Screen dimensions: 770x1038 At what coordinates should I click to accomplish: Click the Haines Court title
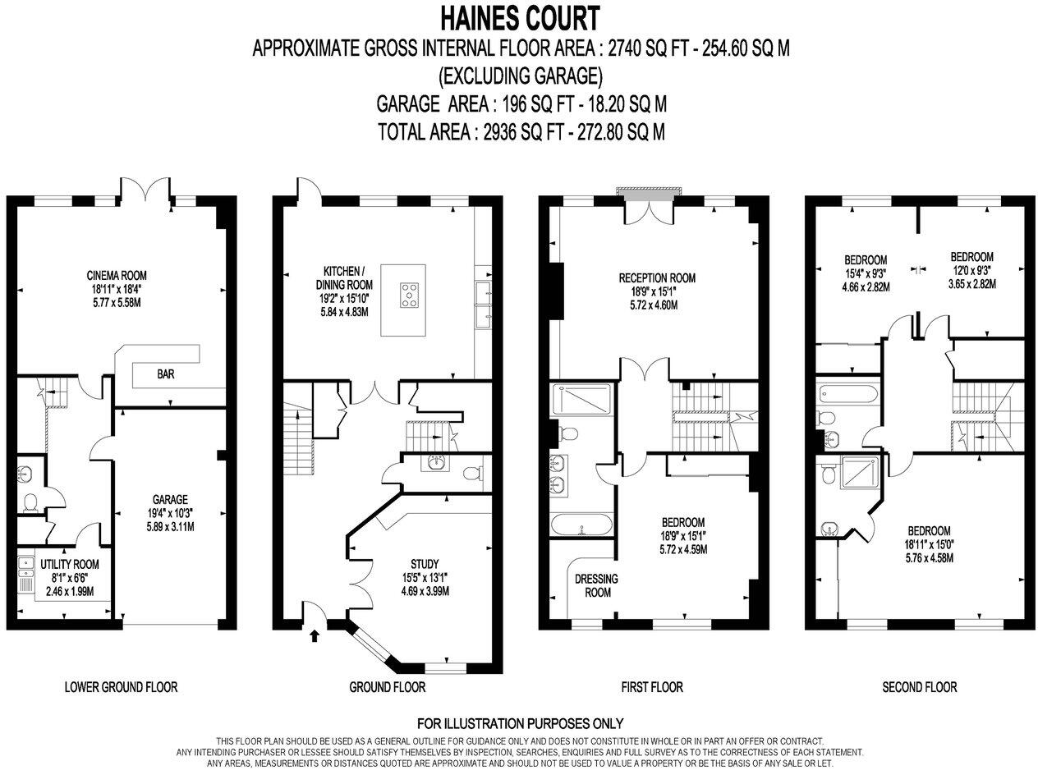click(520, 16)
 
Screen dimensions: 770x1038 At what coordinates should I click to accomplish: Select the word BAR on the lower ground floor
click(166, 374)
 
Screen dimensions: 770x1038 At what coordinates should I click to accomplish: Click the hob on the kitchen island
click(408, 294)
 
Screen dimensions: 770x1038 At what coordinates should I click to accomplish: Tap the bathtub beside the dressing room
click(581, 524)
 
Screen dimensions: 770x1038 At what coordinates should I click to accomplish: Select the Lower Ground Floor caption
click(121, 687)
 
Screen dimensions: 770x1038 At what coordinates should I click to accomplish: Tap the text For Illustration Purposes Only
click(520, 723)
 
